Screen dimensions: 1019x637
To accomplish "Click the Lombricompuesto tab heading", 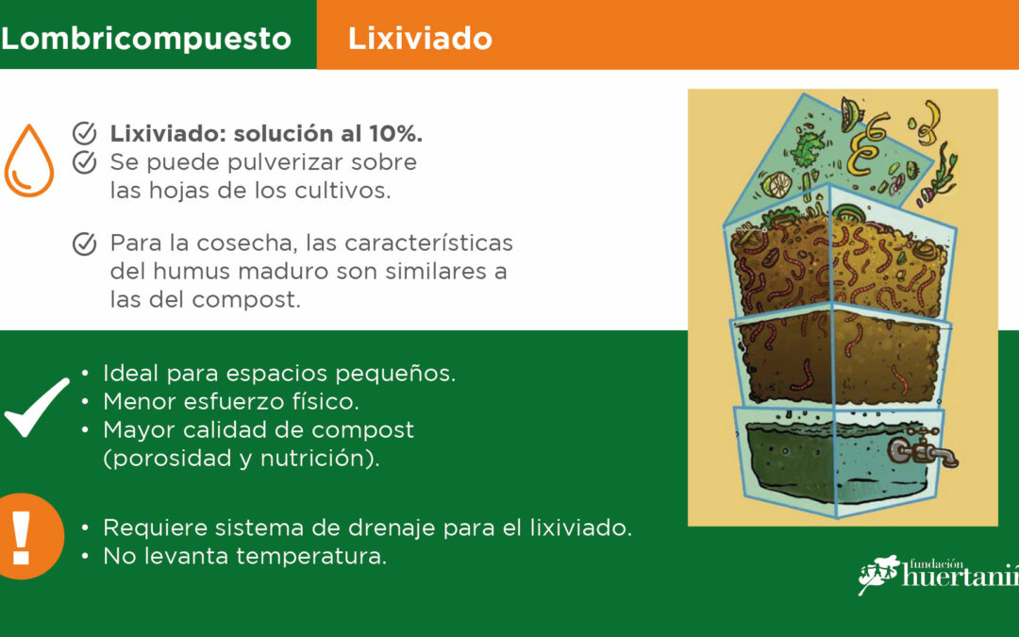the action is pos(145,39).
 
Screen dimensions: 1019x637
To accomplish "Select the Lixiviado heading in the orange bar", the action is pos(420,39).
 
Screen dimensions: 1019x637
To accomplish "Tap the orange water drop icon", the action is pos(28,160).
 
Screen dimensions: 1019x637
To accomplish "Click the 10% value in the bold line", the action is pos(395,133).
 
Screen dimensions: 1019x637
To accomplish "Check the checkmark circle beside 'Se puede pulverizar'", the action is pos(85,162).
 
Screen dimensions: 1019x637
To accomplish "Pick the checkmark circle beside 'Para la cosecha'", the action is pos(85,243).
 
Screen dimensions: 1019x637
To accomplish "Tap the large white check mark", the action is pos(36,407).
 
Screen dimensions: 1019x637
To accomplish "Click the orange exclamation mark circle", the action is pos(26,536).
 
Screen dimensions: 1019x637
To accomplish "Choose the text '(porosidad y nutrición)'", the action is pos(242,459).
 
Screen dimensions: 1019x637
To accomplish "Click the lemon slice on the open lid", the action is pos(777,184).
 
